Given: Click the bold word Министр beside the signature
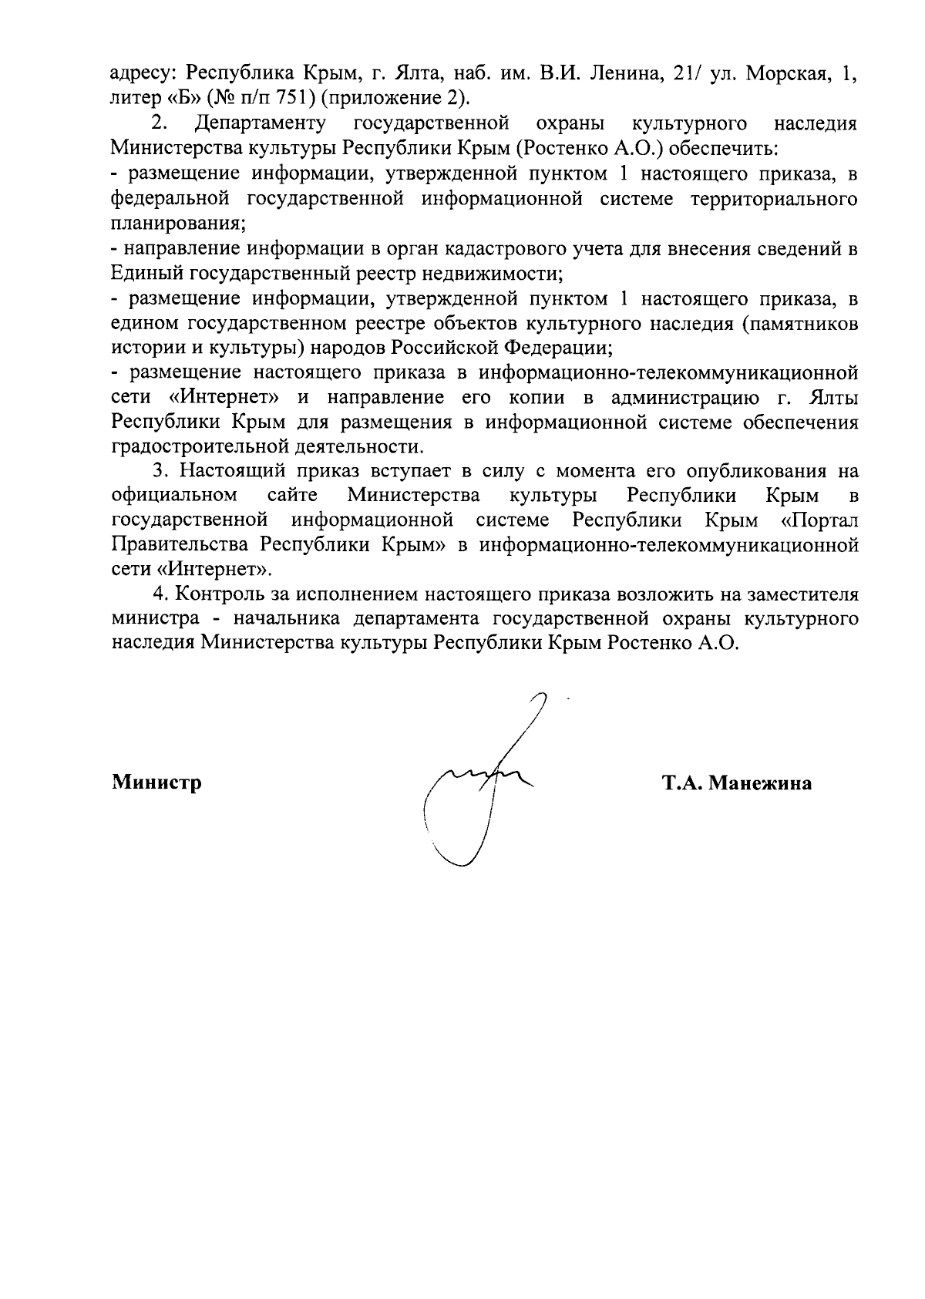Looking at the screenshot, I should (157, 783).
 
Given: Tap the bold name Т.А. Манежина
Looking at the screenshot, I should (736, 783).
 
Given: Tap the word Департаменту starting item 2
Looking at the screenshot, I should (261, 123).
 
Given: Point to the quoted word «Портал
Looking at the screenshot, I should (819, 520).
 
